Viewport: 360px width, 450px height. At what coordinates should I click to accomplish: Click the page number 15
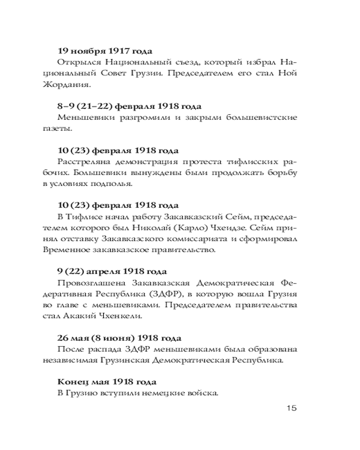coord(290,408)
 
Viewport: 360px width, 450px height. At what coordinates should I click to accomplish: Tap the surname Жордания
coord(75,84)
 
